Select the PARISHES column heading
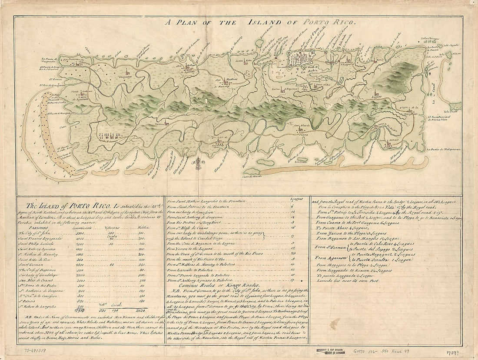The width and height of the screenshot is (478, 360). (x=37, y=227)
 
